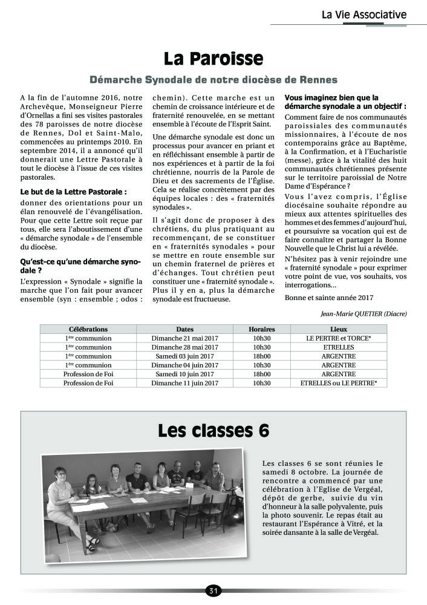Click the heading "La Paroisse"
tap(213, 59)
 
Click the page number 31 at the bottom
tap(213, 590)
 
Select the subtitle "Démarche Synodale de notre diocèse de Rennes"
tap(213, 80)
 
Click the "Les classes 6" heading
tap(213, 431)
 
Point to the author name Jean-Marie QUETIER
tap(363, 313)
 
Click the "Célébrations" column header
tap(88, 329)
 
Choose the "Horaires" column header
tap(261, 329)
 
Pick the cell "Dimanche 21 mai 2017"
tap(184, 338)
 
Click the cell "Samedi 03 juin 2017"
tap(184, 356)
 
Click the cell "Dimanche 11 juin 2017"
tap(184, 383)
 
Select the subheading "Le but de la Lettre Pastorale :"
tap(73, 192)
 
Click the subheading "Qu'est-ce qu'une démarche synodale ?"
tap(80, 266)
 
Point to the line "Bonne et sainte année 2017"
tap(329, 297)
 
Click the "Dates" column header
tap(184, 329)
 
